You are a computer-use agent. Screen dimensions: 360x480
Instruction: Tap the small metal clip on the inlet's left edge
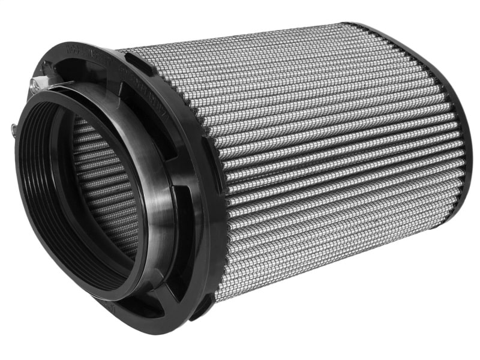(14, 127)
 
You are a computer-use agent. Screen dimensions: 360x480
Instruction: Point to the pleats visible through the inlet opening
(102, 180)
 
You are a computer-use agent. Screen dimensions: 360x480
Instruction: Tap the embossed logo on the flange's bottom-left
(108, 306)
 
